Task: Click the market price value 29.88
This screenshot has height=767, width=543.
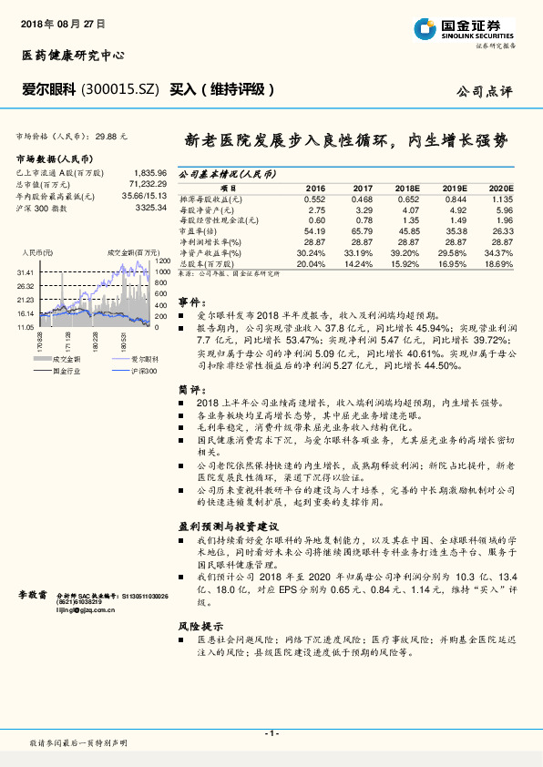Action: [108, 135]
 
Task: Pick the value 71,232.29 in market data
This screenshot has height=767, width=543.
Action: [145, 184]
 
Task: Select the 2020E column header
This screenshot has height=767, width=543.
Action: [499, 187]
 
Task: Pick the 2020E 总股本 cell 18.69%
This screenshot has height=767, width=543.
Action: [499, 263]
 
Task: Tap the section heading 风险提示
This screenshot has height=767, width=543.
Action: [200, 627]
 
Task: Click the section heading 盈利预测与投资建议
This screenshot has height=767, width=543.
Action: [227, 527]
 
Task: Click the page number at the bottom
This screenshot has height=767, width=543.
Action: [271, 734]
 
